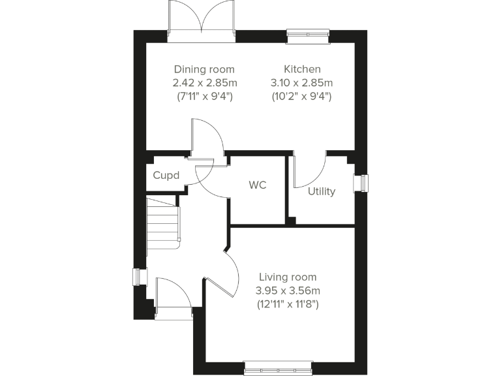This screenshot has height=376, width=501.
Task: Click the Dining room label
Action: [204, 69]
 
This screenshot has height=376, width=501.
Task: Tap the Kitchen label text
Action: [302, 69]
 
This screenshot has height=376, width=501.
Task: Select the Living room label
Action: [288, 277]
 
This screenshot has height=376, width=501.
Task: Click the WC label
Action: [258, 185]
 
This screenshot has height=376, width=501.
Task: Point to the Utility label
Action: [322, 191]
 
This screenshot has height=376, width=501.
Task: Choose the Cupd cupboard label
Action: [166, 176]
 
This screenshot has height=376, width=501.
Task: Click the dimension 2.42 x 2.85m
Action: [204, 83]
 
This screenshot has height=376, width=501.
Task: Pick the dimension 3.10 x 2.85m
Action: [302, 83]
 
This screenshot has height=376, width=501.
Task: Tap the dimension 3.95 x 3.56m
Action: [288, 290]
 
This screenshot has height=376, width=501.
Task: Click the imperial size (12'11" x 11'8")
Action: [288, 304]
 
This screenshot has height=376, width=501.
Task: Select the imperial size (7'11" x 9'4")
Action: [204, 97]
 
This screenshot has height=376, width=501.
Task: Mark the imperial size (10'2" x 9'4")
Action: [302, 97]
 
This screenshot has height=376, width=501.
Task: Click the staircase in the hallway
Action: [162, 223]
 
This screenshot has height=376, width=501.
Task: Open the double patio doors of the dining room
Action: [202, 20]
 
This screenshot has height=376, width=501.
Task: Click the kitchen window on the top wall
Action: [308, 34]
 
